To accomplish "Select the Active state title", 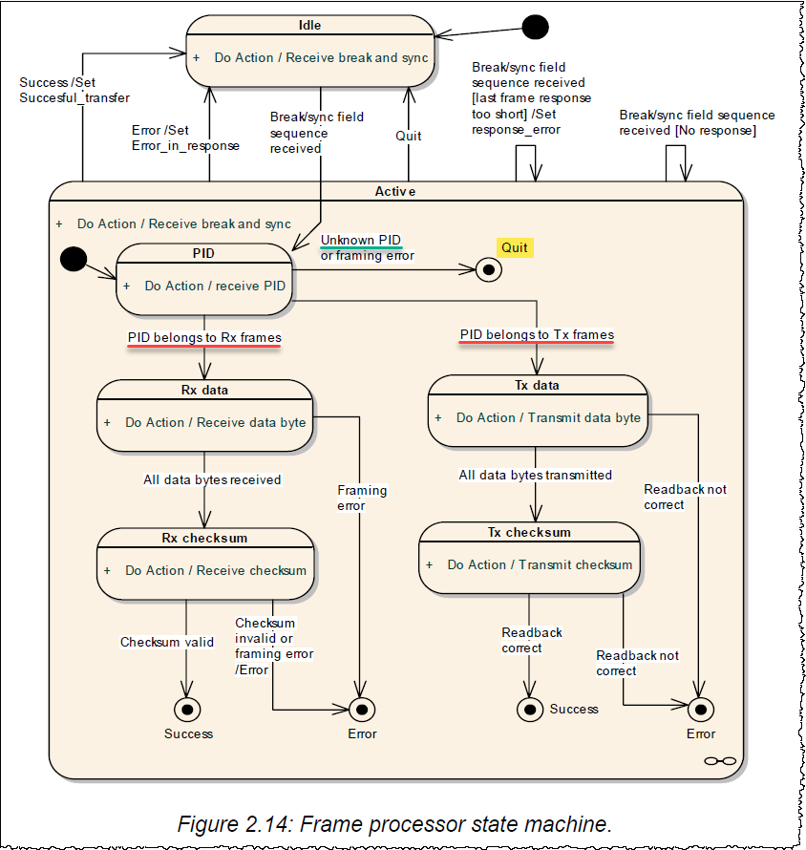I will point(394,192).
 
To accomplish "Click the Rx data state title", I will point(204,390).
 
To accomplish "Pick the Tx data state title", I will point(536,385).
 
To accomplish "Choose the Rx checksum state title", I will point(205,538).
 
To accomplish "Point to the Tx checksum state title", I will point(530,532).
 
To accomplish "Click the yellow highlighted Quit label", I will point(515,247).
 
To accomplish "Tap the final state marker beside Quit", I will point(490,270).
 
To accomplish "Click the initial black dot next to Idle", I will point(536,26).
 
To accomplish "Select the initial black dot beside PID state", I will point(74,258).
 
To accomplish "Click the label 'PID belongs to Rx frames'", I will point(204,337).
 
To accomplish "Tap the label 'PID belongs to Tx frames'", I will point(537,334).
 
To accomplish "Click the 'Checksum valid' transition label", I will point(166,642).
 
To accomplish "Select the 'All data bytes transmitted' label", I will point(535,475).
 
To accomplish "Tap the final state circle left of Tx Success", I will point(530,709).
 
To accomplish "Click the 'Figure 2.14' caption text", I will point(393,822).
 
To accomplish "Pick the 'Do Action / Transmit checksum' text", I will point(540,564).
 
